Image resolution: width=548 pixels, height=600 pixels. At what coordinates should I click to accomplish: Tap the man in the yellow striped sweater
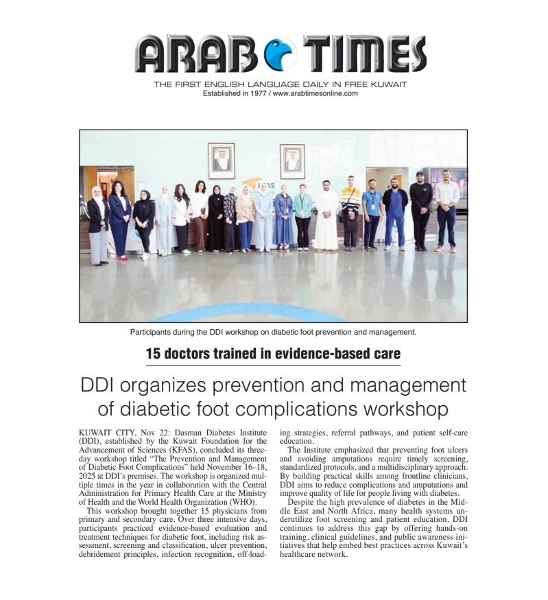(x=350, y=212)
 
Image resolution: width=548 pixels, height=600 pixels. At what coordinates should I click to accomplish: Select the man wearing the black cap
(x=420, y=210)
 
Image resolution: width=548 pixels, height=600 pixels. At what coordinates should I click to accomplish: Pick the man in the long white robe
(x=326, y=215)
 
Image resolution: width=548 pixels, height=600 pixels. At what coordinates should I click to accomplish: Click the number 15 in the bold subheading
(x=153, y=354)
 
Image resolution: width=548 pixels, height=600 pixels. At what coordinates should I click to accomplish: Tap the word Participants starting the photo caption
(x=152, y=333)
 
